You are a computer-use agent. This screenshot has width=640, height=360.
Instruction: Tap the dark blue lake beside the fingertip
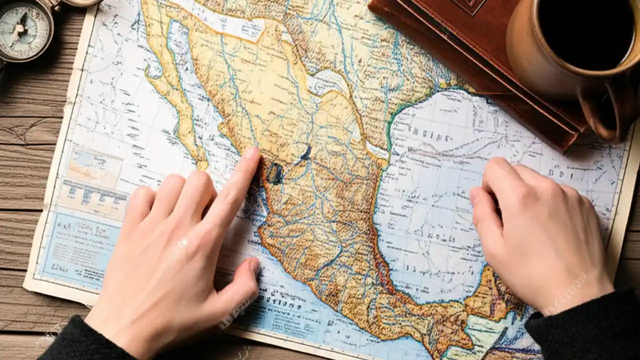click(274, 173)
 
